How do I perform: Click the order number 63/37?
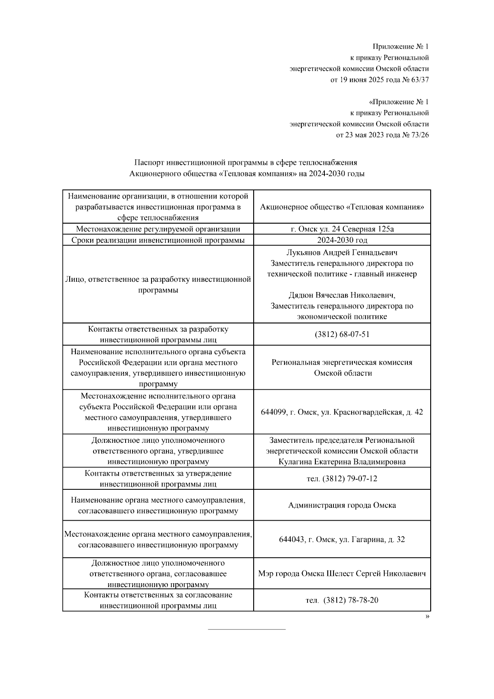coord(420,80)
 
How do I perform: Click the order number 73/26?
coord(420,135)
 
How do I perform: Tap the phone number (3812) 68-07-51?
coord(342,334)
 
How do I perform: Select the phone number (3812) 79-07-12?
coord(350,479)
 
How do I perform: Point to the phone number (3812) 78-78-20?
coord(351,600)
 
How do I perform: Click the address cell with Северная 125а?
coord(342,229)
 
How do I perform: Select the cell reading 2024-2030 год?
coord(342,240)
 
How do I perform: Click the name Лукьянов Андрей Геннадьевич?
coord(342,252)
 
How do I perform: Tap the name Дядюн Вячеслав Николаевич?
coord(342,295)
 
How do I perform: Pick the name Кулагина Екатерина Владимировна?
coord(342,462)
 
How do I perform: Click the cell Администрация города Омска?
coord(342,505)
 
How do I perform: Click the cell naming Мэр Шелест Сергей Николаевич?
coord(342,574)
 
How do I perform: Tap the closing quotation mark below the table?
coord(427,617)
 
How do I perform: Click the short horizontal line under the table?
coord(247,629)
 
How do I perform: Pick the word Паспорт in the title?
coord(149,163)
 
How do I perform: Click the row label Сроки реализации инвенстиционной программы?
coord(158,240)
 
